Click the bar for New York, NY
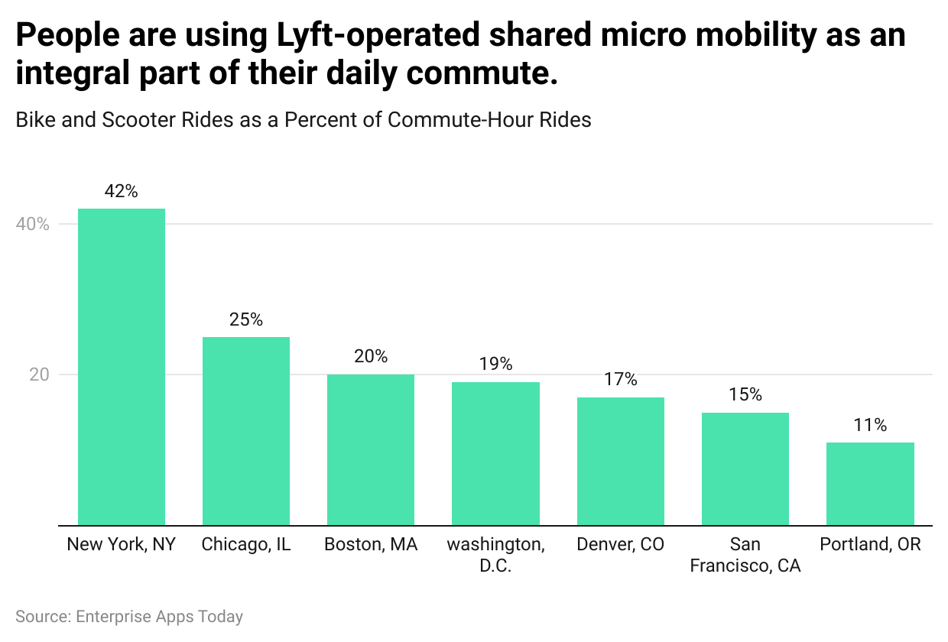122,367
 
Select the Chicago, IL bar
246,431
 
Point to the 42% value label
122,192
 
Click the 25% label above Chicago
246,319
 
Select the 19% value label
495,365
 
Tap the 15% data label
745,395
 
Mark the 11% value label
870,426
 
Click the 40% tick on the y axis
33,225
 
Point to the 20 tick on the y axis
39,375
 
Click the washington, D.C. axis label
495,555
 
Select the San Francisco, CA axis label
745,555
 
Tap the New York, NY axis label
122,545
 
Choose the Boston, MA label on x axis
371,545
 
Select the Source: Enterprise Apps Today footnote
129,617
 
